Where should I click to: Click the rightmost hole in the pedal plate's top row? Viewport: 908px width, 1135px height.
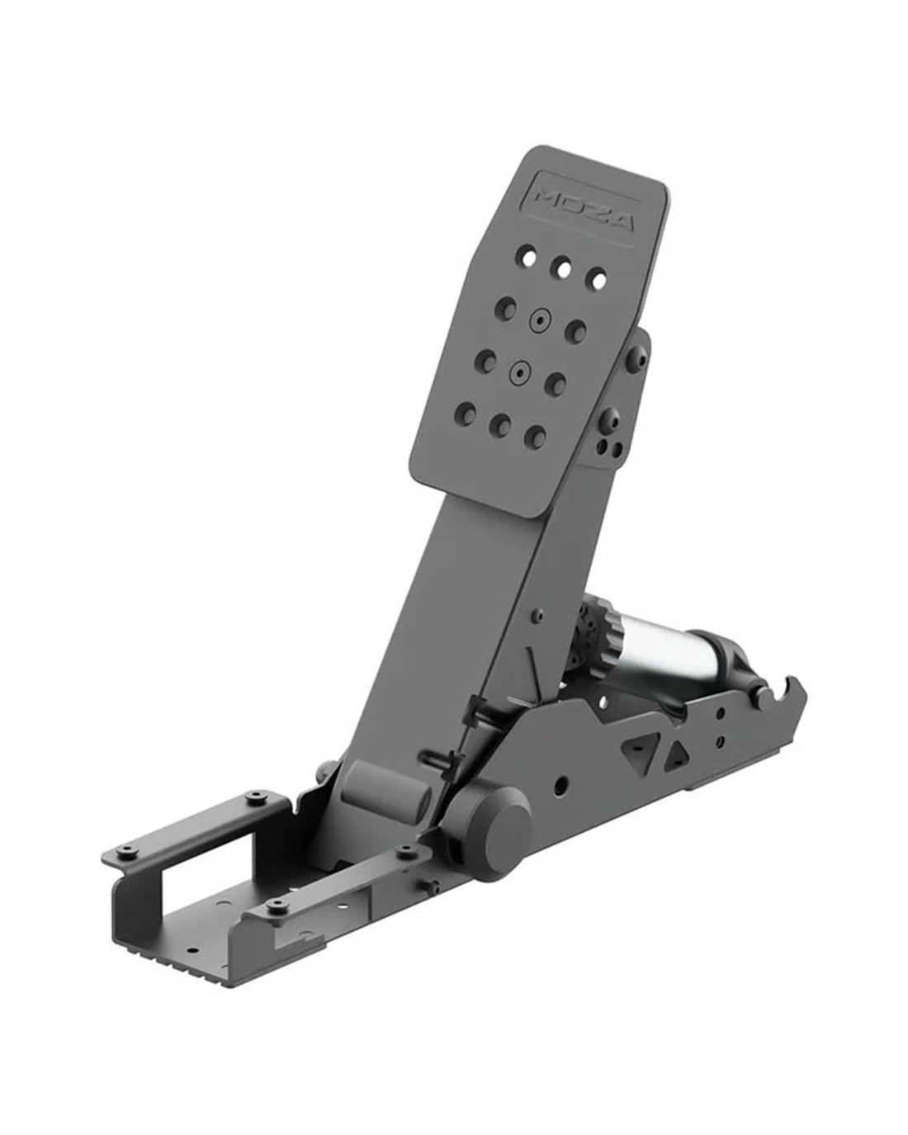coord(598,280)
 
